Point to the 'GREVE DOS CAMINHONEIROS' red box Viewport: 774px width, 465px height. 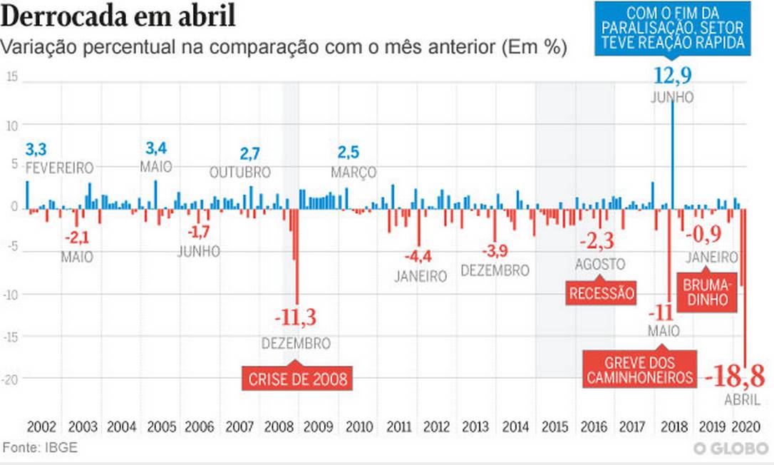[x=640, y=369]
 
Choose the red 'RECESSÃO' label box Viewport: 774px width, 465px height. [x=601, y=293]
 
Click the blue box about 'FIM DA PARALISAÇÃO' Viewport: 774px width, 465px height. [x=673, y=29]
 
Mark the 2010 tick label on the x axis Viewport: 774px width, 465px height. [x=358, y=426]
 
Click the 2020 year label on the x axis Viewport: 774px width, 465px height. [x=746, y=426]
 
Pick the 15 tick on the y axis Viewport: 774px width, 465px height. [x=11, y=77]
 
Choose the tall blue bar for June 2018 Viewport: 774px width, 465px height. [x=672, y=153]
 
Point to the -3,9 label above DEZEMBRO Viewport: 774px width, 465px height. [x=495, y=251]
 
